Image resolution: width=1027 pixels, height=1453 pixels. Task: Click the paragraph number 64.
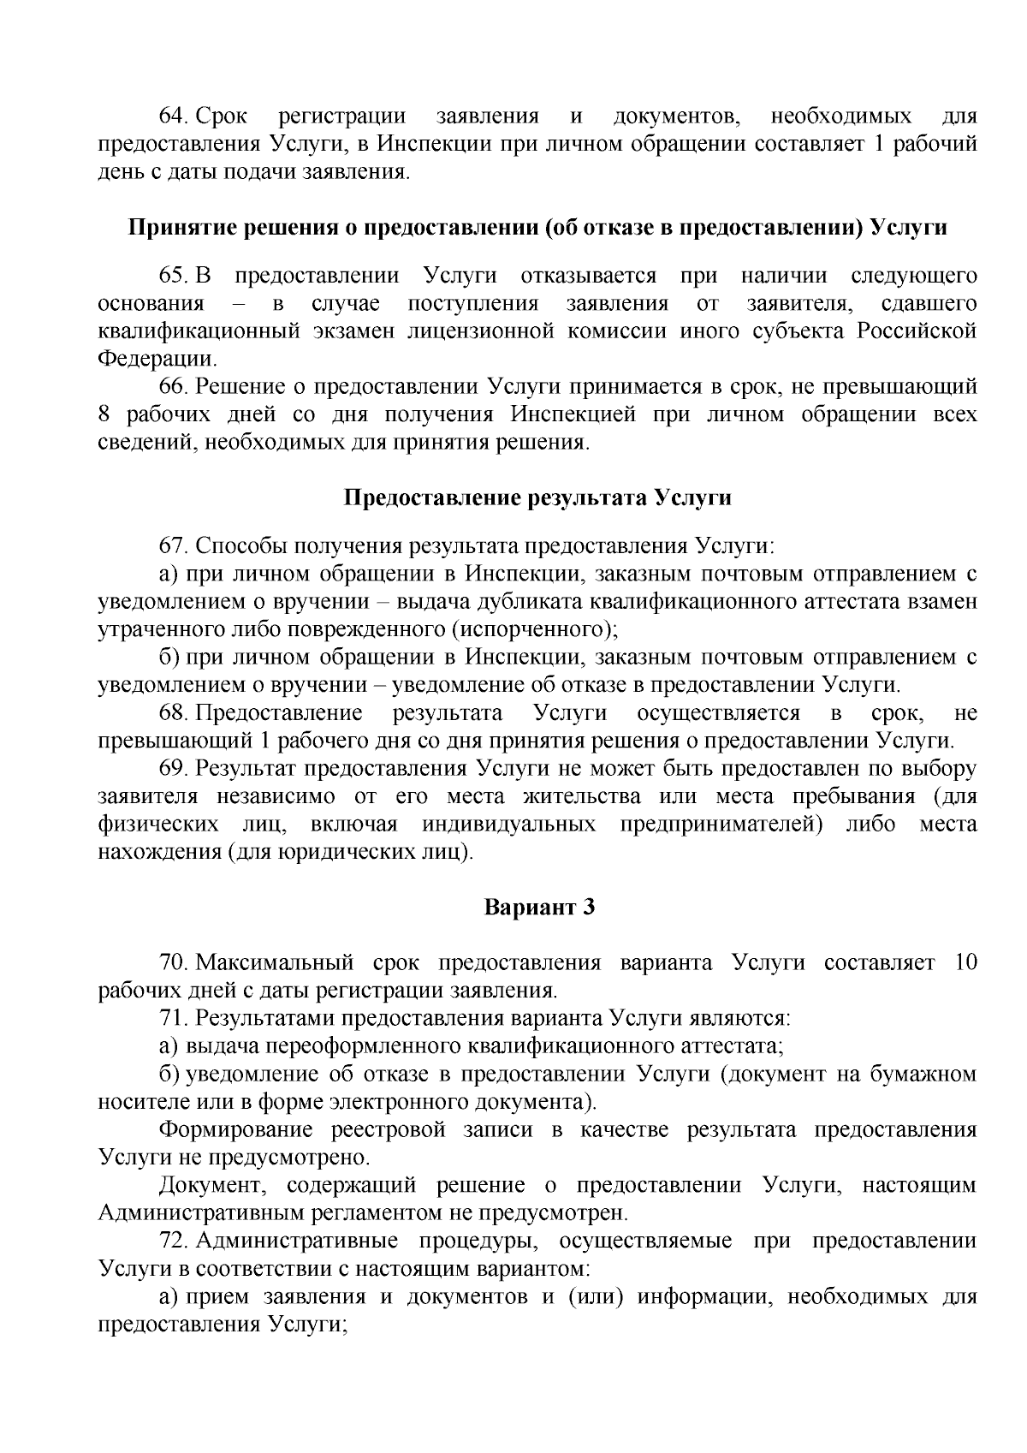coord(175,116)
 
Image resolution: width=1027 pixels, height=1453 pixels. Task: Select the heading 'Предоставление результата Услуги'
coord(537,498)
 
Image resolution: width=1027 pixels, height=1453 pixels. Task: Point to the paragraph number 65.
coord(175,277)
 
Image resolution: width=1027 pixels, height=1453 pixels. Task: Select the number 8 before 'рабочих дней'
coord(105,415)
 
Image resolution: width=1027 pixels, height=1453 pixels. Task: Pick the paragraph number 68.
coord(175,713)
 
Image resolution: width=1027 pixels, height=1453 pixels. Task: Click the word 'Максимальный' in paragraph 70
coord(275,963)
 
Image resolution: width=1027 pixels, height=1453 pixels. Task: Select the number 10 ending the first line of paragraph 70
coord(965,963)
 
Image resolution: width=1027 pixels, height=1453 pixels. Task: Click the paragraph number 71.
coord(175,1019)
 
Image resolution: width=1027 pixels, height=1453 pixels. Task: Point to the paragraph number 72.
coord(175,1242)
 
